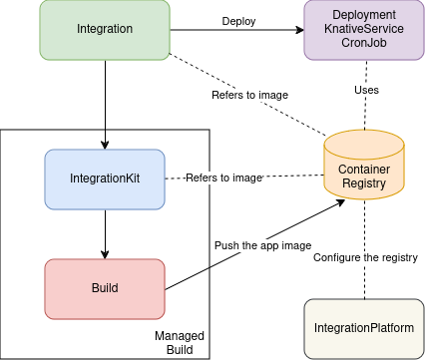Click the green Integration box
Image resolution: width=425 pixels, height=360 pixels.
[x=105, y=30]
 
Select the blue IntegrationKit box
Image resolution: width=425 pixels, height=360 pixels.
[x=105, y=179]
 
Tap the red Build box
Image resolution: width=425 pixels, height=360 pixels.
[x=105, y=288]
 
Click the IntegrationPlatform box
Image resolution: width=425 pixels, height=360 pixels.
[x=364, y=328]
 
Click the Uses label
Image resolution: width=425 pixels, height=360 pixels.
[x=365, y=90]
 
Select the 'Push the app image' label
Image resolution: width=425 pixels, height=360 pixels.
[x=262, y=245]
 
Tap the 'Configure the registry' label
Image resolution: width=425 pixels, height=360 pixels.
[x=363, y=257]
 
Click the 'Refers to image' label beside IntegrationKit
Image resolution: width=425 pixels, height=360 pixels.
[x=224, y=178]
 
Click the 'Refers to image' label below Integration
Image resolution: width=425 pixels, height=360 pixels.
[x=249, y=95]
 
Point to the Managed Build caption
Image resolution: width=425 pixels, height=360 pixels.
[x=180, y=343]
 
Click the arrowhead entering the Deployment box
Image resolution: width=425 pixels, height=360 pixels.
[x=299, y=30]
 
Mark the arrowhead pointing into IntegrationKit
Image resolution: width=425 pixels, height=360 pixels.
[x=105, y=146]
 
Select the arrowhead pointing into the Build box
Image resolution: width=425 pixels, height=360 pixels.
[x=105, y=254]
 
